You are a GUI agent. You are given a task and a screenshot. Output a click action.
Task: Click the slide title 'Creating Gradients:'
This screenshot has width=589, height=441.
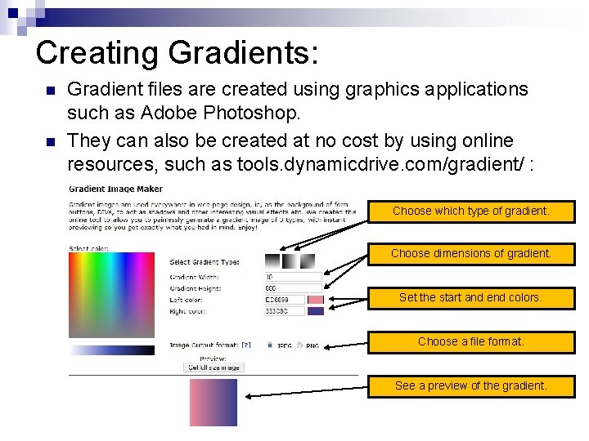[178, 53]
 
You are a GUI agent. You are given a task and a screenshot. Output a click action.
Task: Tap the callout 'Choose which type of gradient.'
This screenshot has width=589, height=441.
[471, 211]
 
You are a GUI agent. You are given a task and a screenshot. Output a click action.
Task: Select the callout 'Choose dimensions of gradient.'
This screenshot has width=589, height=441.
[471, 254]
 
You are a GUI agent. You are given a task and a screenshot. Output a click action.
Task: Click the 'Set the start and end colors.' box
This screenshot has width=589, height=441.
[471, 298]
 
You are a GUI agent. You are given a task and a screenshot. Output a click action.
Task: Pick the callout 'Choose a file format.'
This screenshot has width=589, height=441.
[471, 341]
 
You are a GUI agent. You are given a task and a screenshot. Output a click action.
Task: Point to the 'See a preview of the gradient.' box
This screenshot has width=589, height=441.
[471, 385]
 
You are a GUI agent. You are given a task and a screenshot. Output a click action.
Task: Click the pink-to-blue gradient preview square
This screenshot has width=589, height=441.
[214, 403]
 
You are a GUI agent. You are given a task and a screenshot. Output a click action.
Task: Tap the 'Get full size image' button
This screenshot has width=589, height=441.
[214, 367]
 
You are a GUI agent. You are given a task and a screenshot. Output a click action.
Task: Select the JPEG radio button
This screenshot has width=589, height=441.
[270, 345]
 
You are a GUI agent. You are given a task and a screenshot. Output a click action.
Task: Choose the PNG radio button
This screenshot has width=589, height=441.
[299, 345]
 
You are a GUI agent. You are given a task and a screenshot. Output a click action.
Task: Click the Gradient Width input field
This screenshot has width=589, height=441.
[281, 277]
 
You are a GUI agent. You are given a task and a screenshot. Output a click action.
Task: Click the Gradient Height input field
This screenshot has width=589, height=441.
[281, 288]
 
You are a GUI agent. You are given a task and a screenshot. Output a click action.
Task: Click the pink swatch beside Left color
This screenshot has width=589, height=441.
[316, 300]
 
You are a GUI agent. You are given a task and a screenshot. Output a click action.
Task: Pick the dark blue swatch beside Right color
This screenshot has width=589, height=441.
[316, 311]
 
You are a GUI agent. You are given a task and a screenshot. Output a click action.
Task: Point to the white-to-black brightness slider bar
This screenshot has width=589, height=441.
[111, 350]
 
